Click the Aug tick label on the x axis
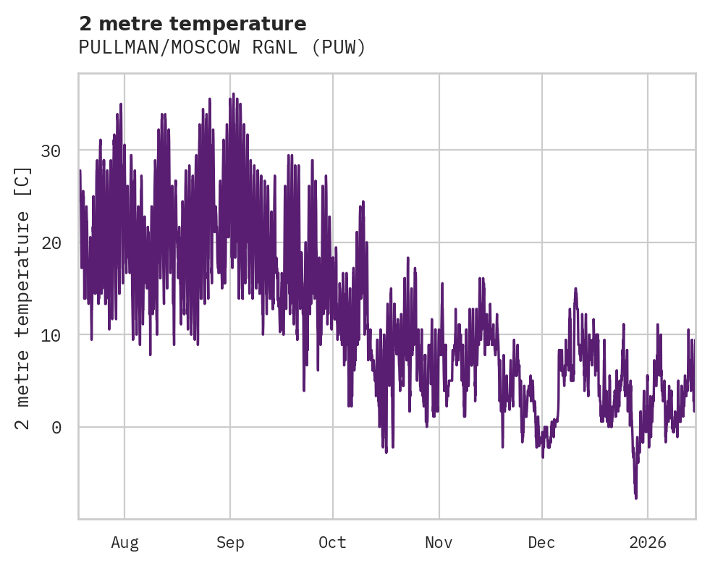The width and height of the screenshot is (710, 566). pos(124,542)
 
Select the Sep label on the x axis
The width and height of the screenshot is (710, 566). pos(230,542)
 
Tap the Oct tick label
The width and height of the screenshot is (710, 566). pos(333,542)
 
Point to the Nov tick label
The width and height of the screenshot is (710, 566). pos(439,542)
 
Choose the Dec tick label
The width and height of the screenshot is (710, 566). pos(541,542)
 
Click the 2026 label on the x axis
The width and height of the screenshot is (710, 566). pos(648,542)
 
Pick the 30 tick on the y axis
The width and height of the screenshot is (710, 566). pos(51,151)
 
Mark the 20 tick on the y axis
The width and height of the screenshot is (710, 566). pos(51,242)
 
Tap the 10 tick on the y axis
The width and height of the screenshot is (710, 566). pos(51,335)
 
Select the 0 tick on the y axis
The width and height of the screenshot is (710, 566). pos(56,427)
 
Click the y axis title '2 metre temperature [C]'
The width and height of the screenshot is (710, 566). pos(24,297)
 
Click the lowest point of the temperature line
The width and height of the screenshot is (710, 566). pos(636,498)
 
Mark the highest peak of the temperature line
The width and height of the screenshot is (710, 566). pos(233,94)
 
